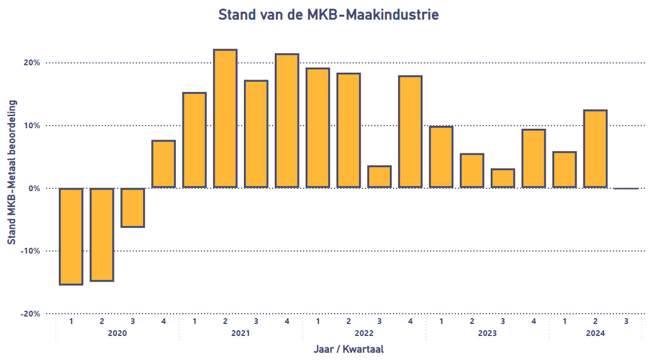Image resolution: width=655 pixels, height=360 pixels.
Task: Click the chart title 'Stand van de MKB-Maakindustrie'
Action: [x=328, y=15]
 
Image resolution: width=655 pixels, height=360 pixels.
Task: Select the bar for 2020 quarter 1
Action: [x=71, y=236]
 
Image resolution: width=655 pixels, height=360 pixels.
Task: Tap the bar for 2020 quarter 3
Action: [x=133, y=207]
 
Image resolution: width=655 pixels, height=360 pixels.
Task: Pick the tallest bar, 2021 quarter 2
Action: [x=225, y=118]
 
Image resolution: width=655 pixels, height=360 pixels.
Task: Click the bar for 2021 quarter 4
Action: [x=287, y=121]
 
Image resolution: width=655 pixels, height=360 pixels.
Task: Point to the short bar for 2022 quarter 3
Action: [x=380, y=177]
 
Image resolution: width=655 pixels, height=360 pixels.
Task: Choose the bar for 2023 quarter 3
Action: [x=503, y=179]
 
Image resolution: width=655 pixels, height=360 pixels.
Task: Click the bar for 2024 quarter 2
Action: [x=595, y=149]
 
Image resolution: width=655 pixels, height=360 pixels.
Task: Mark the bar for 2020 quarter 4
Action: [x=164, y=164]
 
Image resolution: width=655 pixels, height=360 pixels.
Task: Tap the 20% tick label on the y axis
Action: [x=31, y=63]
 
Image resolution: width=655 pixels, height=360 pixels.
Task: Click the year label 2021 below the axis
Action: [x=240, y=333]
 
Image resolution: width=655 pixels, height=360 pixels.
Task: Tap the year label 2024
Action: [x=595, y=333]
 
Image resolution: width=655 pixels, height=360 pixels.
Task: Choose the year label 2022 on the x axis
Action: [x=364, y=333]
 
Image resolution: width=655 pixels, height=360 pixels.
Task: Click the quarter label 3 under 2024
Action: [x=626, y=322]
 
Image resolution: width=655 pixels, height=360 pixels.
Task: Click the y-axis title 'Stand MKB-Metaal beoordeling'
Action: [x=11, y=172]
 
